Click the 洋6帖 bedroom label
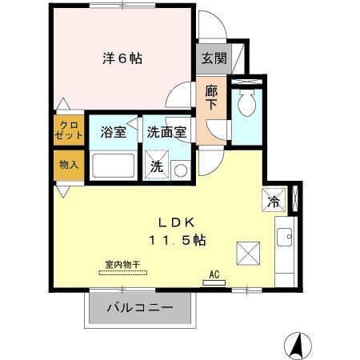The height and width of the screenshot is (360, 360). point(122,58)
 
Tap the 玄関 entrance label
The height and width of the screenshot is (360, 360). point(213,58)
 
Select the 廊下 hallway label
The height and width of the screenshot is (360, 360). point(211,98)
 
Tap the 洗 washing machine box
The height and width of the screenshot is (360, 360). point(157,169)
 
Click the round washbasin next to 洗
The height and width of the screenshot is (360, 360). point(180,169)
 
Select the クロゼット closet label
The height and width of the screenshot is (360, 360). point(68,130)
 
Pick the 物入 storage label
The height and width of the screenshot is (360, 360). point(68,165)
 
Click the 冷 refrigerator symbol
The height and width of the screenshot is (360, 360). point(272,200)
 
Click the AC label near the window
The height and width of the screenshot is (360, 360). point(214,274)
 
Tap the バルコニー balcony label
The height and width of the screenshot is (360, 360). point(140,307)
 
